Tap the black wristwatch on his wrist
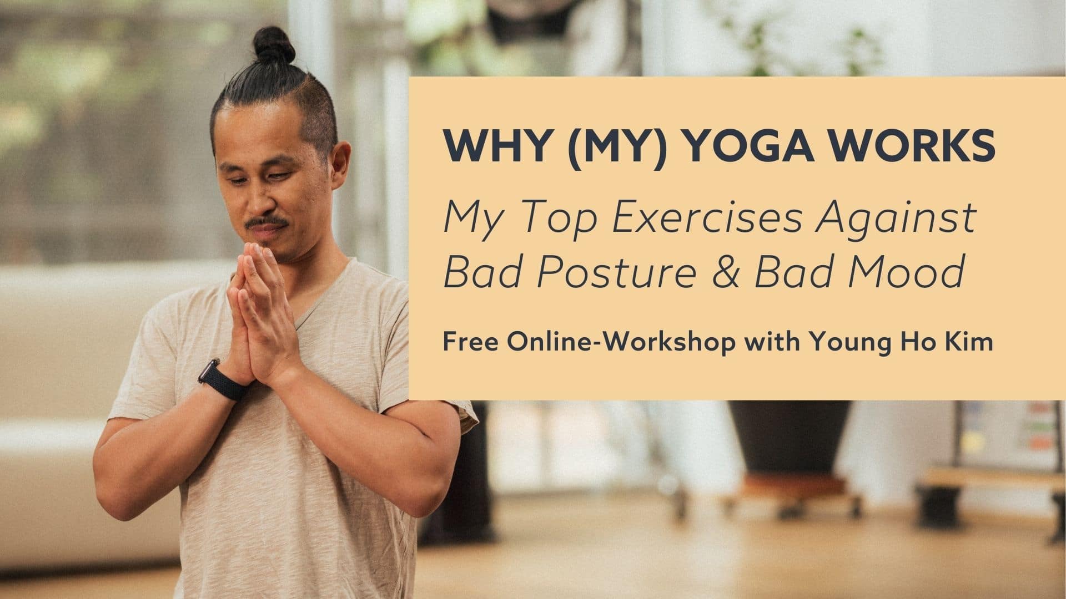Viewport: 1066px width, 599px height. (221, 380)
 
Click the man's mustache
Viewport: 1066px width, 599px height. (267, 222)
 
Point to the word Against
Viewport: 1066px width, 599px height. (897, 217)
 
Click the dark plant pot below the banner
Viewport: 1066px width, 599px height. (790, 438)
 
